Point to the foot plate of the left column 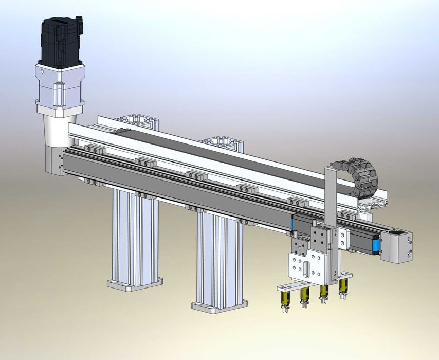pyautogui.click(x=135, y=283)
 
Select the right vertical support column pyautogui.click(x=218, y=260)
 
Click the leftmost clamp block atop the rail pyautogui.click(x=95, y=149)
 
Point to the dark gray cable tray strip pyautogui.click(x=216, y=154)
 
